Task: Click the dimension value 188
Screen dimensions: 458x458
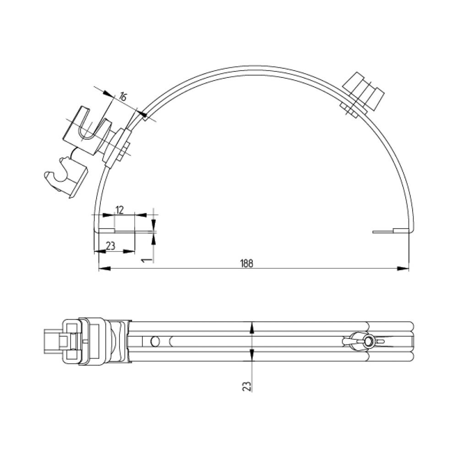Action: pyautogui.click(x=247, y=263)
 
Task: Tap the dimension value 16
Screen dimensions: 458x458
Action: pyautogui.click(x=123, y=96)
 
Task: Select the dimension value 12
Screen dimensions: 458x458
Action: pyautogui.click(x=120, y=210)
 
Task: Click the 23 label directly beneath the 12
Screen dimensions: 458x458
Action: pyautogui.click(x=110, y=246)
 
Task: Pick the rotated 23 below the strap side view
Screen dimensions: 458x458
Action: pyautogui.click(x=247, y=386)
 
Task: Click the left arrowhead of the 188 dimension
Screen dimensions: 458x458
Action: pyautogui.click(x=105, y=268)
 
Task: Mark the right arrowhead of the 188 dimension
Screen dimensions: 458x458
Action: pyautogui.click(x=403, y=268)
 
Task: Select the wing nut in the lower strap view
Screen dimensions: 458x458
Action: pyautogui.click(x=364, y=341)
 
